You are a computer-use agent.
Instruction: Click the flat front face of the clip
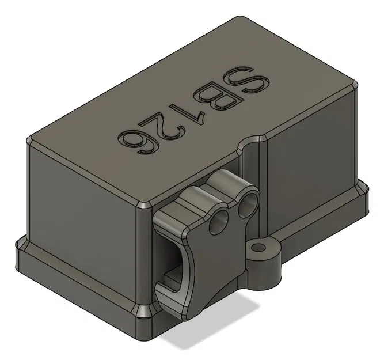click(213, 259)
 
